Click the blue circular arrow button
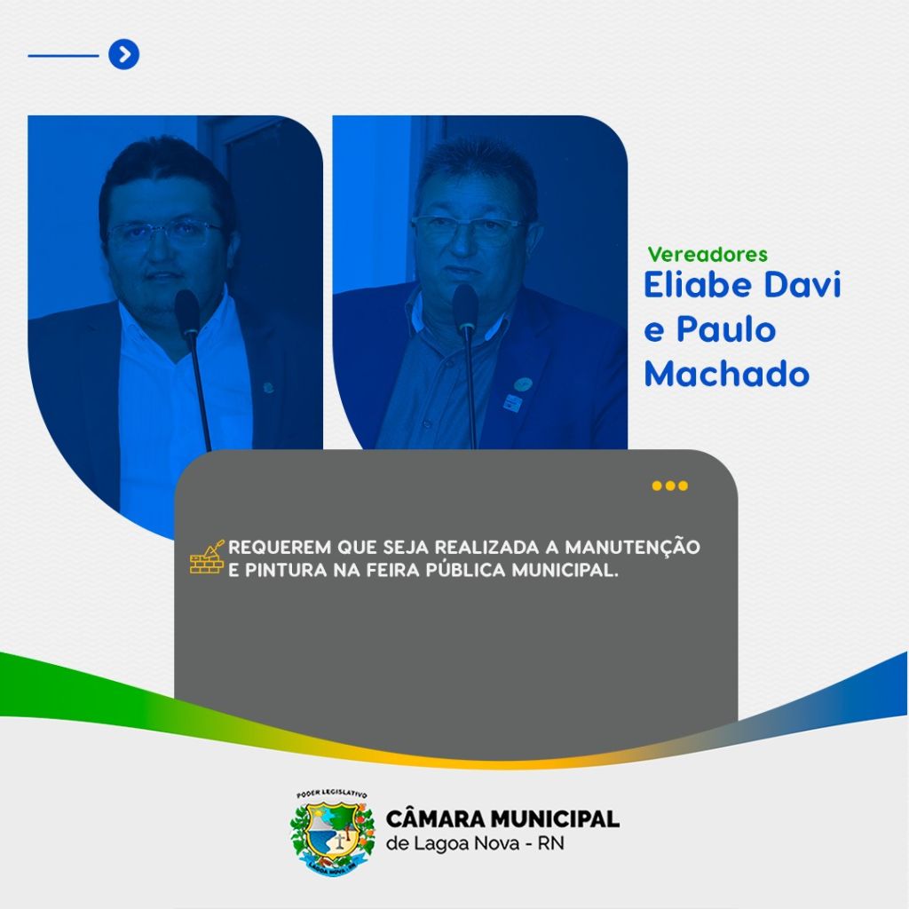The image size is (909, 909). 124,54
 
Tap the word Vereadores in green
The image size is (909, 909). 707,255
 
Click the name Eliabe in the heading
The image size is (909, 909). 698,285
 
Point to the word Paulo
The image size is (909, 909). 726,329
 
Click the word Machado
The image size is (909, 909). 726,374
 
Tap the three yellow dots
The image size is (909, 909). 669,486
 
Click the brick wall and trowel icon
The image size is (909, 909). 207,557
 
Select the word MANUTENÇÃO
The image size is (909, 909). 632,547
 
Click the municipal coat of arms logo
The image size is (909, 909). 332,833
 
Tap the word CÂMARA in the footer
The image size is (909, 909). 436,819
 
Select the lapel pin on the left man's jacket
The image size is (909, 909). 268,387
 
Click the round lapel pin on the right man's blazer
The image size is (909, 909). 523,383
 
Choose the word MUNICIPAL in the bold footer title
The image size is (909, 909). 555,819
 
